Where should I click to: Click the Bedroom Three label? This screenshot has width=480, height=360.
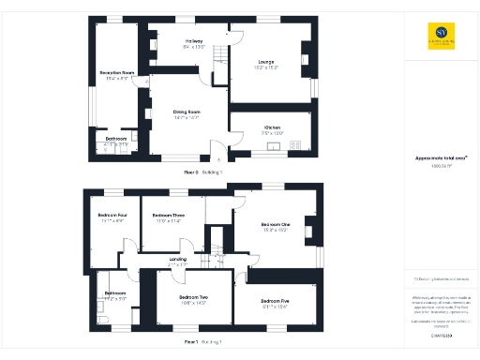[170, 217]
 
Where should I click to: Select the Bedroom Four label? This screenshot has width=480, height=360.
[111, 217]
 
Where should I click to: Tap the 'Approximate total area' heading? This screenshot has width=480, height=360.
[436, 157]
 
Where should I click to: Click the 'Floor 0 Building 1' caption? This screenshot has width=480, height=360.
[202, 172]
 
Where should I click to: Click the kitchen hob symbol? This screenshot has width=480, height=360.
[297, 144]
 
